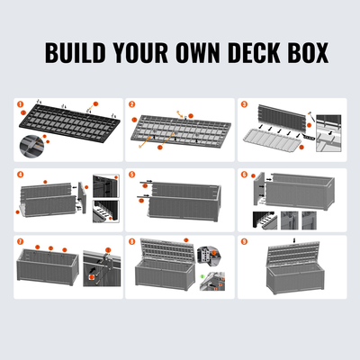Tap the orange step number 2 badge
tap(131, 104)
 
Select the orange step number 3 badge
tap(244, 104)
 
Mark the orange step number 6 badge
tap(244, 173)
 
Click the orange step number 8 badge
tap(131, 241)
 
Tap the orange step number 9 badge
tap(244, 241)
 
